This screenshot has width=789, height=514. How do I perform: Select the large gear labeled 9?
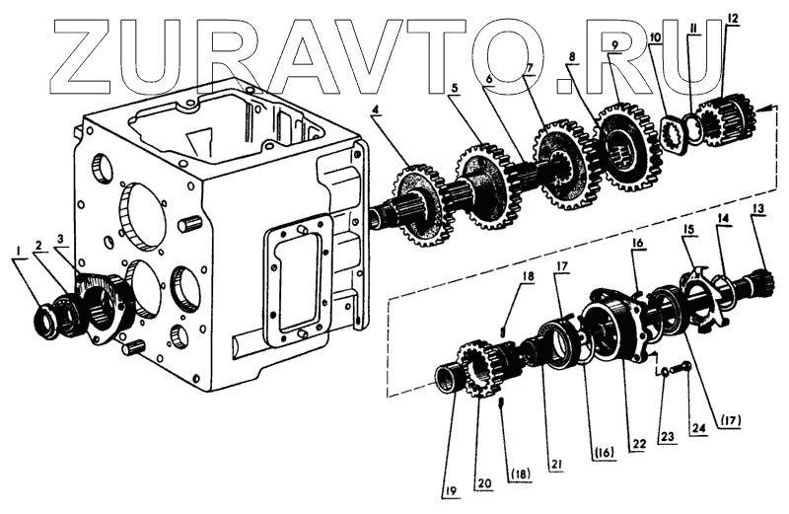coord(622,148)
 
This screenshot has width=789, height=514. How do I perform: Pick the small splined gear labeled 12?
coord(726,119)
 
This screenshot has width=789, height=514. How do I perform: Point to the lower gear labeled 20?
coord(473,371)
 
